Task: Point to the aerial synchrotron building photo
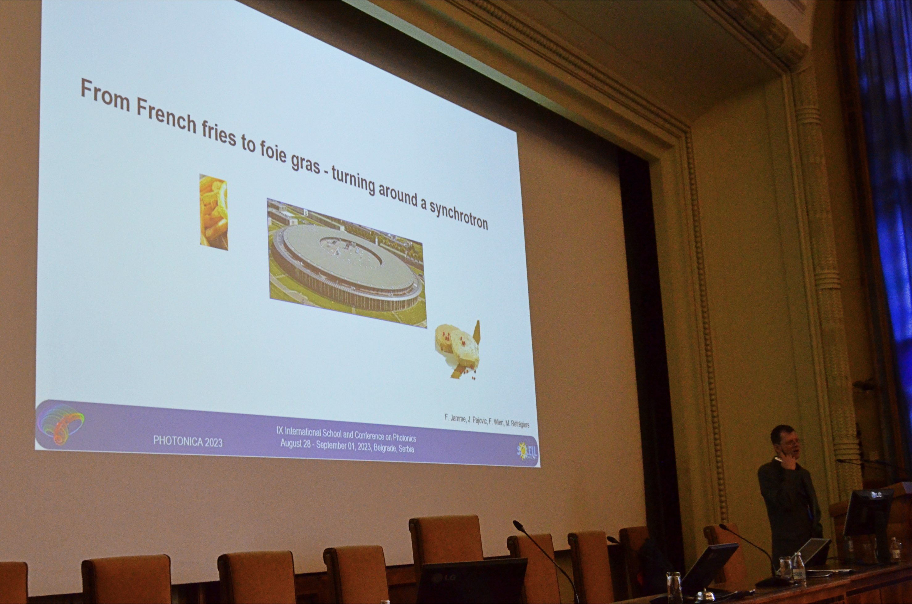point(346,263)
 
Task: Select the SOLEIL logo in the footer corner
point(527,451)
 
